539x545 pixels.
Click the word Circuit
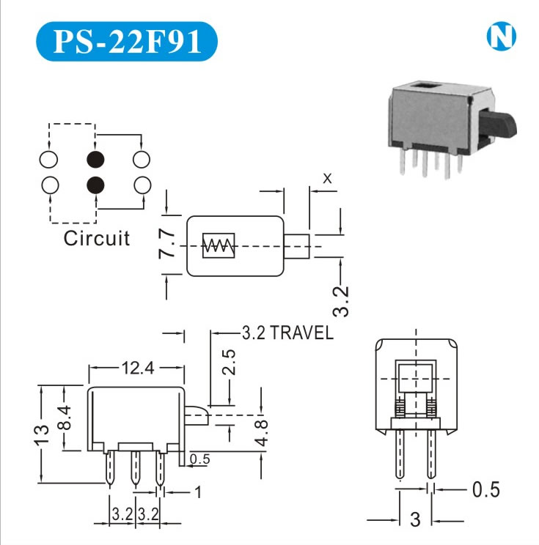click(96, 238)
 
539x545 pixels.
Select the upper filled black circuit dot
click(95, 158)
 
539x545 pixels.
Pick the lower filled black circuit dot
click(95, 185)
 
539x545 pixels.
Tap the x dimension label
click(327, 177)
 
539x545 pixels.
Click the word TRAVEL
click(301, 333)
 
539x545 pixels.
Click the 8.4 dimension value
click(65, 419)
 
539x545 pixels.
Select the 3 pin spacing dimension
click(416, 519)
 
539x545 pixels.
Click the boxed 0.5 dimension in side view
click(199, 459)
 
